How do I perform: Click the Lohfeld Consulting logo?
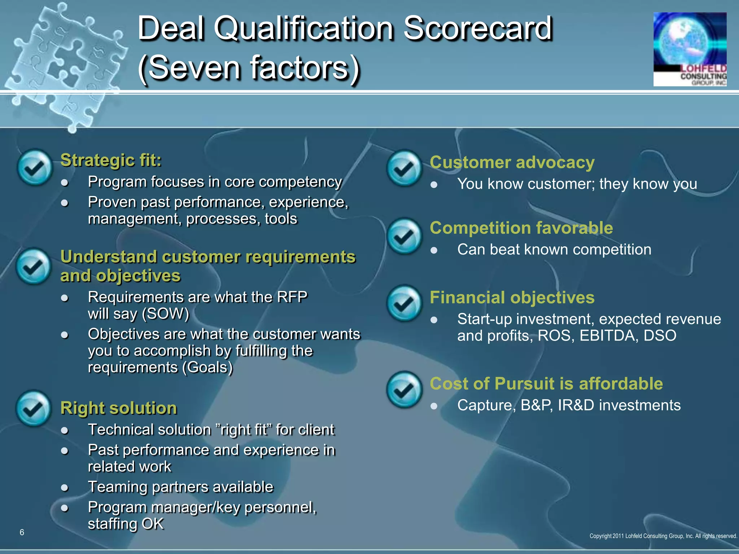690,49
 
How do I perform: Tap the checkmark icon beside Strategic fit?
35,168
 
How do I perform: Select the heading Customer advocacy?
512,162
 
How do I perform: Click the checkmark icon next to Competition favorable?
404,237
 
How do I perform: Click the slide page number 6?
22,532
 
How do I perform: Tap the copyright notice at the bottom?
663,536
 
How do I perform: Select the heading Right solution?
119,408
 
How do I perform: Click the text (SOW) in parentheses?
166,314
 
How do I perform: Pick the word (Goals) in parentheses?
207,368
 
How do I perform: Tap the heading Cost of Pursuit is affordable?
546,383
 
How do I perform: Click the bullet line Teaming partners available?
180,487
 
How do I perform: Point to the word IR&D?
576,405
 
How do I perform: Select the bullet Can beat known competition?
554,250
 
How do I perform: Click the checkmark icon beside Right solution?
34,408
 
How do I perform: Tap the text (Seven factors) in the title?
249,68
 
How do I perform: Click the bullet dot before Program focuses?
65,183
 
